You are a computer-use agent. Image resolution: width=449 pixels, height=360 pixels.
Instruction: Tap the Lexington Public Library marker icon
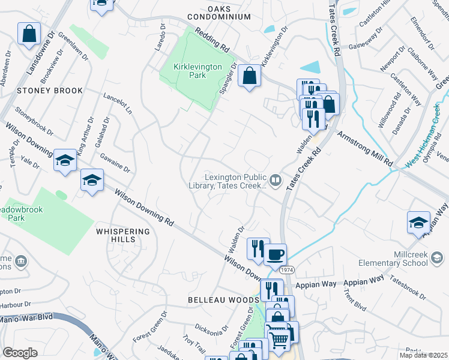276,179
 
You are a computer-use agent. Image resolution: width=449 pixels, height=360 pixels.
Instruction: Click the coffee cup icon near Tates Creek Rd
276,254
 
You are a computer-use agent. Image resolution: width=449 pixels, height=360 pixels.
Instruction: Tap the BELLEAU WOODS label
223,299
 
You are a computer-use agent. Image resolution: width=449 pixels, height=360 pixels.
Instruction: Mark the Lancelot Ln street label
118,103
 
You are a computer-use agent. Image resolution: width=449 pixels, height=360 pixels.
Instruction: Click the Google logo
20,353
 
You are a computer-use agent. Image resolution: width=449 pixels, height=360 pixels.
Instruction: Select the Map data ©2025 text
423,355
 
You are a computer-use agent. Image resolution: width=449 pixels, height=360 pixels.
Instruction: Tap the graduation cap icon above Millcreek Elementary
418,223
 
